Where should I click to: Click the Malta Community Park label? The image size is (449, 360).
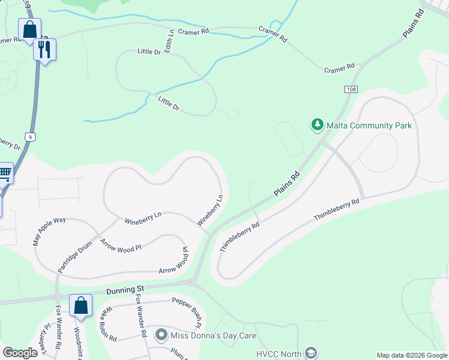click(x=369, y=125)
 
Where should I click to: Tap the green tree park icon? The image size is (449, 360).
click(x=317, y=125)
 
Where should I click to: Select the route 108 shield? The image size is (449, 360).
click(x=351, y=89)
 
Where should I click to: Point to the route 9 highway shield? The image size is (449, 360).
click(x=29, y=137)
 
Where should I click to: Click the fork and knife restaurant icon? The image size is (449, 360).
click(x=44, y=49)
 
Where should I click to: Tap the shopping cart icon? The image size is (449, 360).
click(x=4, y=173)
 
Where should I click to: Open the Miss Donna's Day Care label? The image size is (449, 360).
click(x=214, y=335)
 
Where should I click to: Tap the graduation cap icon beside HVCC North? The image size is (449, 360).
click(x=310, y=353)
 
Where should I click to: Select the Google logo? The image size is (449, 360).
click(x=20, y=353)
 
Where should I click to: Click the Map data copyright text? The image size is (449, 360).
click(x=412, y=355)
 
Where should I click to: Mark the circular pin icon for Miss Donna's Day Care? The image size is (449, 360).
click(x=161, y=335)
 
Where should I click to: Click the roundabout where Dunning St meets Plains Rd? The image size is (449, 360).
click(x=193, y=281)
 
